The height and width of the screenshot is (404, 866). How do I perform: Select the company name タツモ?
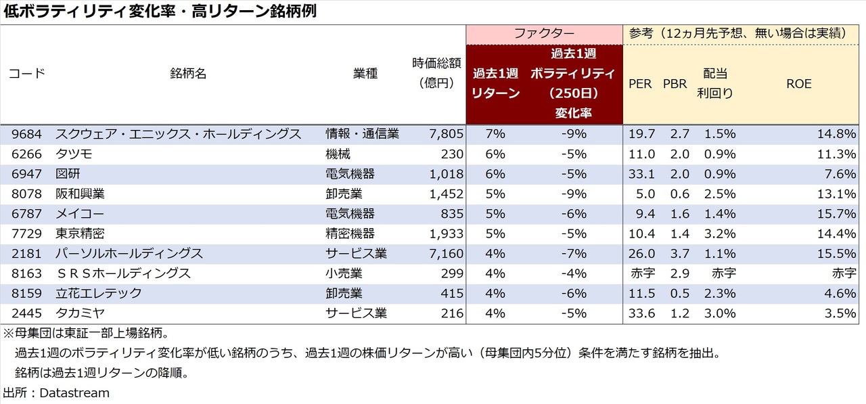point(74,154)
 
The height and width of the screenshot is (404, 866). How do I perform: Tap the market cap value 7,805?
point(447,134)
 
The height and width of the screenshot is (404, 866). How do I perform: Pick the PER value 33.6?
point(641,313)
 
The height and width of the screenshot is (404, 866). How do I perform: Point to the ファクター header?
point(544,33)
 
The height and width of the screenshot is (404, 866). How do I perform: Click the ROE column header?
point(798,84)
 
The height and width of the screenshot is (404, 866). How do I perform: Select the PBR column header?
point(675,84)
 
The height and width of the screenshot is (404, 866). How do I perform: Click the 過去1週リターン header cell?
point(495,84)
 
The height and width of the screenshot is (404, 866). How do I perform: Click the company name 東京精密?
point(80,234)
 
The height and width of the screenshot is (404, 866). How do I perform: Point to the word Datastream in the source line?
point(74,392)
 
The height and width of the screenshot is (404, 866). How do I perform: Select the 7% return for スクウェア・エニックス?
point(495,134)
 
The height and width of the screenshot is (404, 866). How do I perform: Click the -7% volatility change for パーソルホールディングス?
point(573,254)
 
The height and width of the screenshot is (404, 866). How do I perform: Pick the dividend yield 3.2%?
point(720,234)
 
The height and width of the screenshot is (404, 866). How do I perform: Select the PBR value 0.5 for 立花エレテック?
point(679,294)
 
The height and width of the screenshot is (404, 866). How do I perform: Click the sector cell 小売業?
point(344,273)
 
